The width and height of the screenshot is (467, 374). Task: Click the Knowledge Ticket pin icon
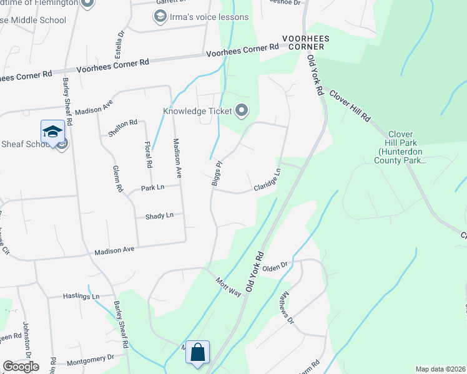tap(242, 112)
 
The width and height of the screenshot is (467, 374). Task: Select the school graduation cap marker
tap(53, 132)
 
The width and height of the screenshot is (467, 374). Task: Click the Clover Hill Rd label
tap(350, 105)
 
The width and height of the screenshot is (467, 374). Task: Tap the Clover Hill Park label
tap(406, 147)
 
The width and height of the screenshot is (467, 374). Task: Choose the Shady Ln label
tap(159, 216)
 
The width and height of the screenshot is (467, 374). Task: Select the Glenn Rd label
tap(116, 178)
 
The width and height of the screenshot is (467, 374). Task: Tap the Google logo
tap(21, 367)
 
